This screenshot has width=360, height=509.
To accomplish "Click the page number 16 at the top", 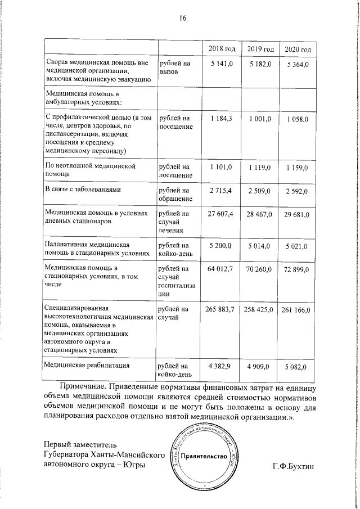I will click(x=182, y=17).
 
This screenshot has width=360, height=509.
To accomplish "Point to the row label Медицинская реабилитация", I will click(x=87, y=366).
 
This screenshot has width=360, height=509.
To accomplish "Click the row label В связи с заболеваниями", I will click(x=83, y=190).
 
